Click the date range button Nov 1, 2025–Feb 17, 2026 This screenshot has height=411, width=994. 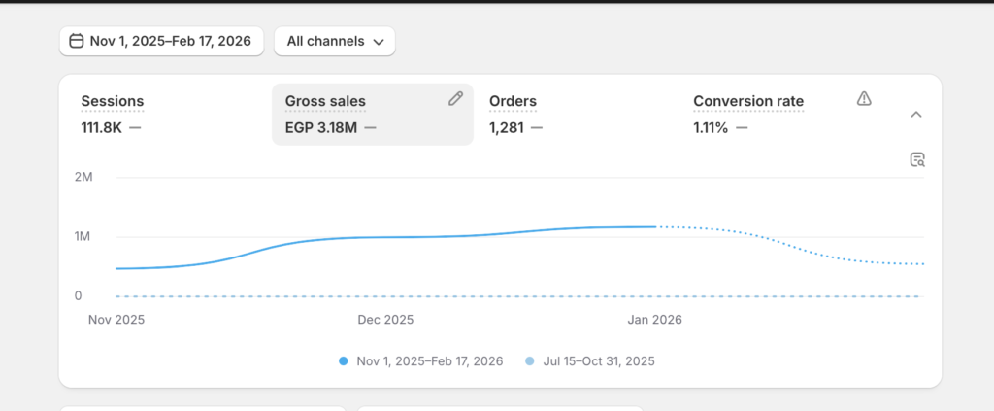click(x=161, y=41)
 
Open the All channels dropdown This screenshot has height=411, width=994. click(x=335, y=41)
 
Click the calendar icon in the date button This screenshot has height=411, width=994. click(x=76, y=41)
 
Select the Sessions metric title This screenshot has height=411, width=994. click(x=113, y=101)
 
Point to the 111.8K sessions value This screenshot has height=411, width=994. click(x=101, y=128)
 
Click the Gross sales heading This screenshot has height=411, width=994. click(x=325, y=101)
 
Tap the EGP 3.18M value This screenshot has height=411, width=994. click(x=320, y=128)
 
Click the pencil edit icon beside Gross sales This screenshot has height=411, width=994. click(x=456, y=98)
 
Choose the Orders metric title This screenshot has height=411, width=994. click(x=513, y=101)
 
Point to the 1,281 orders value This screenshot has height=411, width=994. click(x=507, y=128)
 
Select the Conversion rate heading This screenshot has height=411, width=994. click(x=748, y=101)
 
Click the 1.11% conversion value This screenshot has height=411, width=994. click(x=711, y=128)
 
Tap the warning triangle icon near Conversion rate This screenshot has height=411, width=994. click(x=864, y=98)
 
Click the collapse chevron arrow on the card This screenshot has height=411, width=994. click(x=916, y=115)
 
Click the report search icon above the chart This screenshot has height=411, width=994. click(x=917, y=159)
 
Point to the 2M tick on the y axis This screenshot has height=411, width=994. click(x=83, y=177)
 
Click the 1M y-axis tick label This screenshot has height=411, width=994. click(x=83, y=236)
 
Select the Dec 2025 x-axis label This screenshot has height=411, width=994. click(x=385, y=320)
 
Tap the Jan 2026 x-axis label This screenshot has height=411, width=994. click(x=655, y=320)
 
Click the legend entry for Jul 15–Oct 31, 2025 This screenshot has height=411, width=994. click(x=590, y=361)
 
